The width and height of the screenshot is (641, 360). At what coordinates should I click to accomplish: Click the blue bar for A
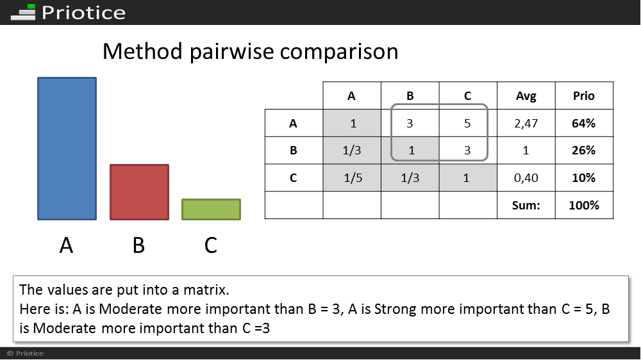pyautogui.click(x=67, y=149)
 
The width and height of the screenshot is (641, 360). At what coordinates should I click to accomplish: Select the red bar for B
pyautogui.click(x=139, y=192)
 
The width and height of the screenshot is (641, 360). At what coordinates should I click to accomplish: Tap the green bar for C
pyautogui.click(x=211, y=209)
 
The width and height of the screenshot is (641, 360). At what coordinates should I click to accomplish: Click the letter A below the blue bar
pyautogui.click(x=66, y=245)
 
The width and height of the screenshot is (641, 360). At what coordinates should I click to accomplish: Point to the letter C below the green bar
pyautogui.click(x=210, y=245)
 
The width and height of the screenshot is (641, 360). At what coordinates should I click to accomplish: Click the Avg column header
pyautogui.click(x=526, y=96)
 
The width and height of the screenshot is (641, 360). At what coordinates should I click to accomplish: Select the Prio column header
pyautogui.click(x=583, y=96)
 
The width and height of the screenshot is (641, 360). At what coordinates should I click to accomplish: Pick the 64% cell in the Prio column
pyautogui.click(x=583, y=123)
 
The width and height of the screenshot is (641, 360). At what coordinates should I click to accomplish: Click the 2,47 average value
pyautogui.click(x=526, y=124)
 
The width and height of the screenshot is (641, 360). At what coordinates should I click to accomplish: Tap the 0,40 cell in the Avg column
pyautogui.click(x=526, y=178)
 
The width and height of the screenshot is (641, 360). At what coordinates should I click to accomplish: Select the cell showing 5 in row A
pyautogui.click(x=468, y=123)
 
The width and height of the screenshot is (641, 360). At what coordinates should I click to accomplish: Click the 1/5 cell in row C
pyautogui.click(x=353, y=177)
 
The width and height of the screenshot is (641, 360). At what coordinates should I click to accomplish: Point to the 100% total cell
pyautogui.click(x=584, y=205)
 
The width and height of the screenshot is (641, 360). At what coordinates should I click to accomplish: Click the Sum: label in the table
pyautogui.click(x=526, y=205)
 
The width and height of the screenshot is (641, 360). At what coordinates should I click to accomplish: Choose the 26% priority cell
pyautogui.click(x=583, y=151)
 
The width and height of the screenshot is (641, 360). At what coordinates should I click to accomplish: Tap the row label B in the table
pyautogui.click(x=293, y=151)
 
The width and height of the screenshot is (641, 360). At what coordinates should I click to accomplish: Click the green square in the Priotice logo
pyautogui.click(x=31, y=7)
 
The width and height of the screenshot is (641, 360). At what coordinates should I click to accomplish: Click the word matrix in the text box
pyautogui.click(x=206, y=290)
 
